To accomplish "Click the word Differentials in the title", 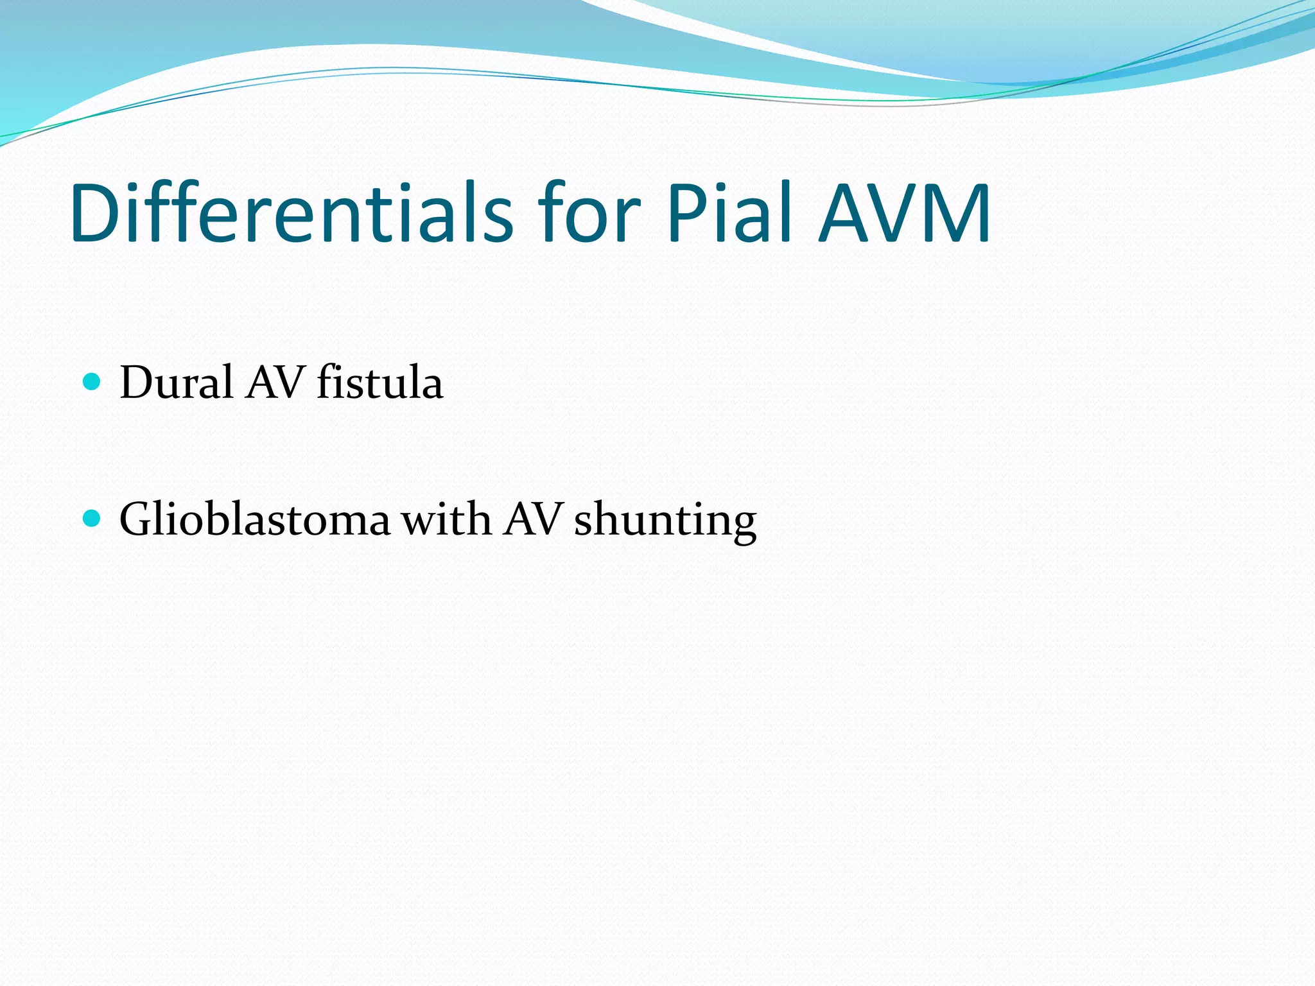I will (292, 213).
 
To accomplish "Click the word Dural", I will (177, 383).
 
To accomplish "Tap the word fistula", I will (379, 383).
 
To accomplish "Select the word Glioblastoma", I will (255, 519).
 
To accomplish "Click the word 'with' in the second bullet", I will (447, 519).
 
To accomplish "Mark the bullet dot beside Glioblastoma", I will (92, 518).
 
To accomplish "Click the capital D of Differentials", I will (96, 213).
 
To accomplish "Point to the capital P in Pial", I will (685, 213).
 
